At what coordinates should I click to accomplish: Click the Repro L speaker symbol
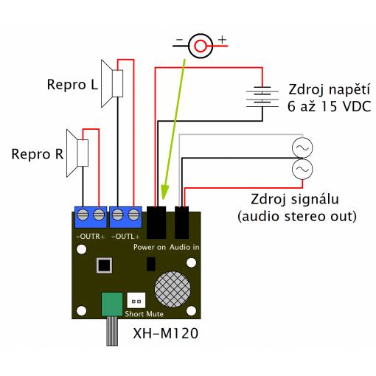click(x=112, y=83)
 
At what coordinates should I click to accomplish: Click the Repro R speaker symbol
click(x=77, y=153)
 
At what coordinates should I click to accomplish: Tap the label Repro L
click(x=72, y=85)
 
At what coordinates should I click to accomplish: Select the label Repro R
click(x=38, y=154)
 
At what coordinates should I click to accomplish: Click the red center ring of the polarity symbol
click(x=201, y=46)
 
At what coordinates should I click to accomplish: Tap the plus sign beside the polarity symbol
click(x=222, y=40)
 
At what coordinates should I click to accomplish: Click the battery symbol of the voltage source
click(x=262, y=97)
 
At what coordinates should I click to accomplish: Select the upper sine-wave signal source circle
click(x=302, y=147)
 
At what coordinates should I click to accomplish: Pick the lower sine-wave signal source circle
click(x=302, y=169)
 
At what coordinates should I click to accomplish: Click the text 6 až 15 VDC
click(x=329, y=106)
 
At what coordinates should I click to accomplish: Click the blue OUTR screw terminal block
click(x=91, y=217)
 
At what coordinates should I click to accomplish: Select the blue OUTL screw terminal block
click(x=125, y=217)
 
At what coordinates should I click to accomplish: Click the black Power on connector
click(x=156, y=223)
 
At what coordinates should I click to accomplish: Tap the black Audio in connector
click(x=182, y=223)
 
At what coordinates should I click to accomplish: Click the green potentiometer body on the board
click(x=112, y=304)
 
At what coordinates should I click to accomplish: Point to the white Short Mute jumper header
click(x=136, y=300)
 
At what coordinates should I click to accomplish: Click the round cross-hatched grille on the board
click(x=173, y=289)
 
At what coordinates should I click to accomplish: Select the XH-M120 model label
click(x=166, y=333)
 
